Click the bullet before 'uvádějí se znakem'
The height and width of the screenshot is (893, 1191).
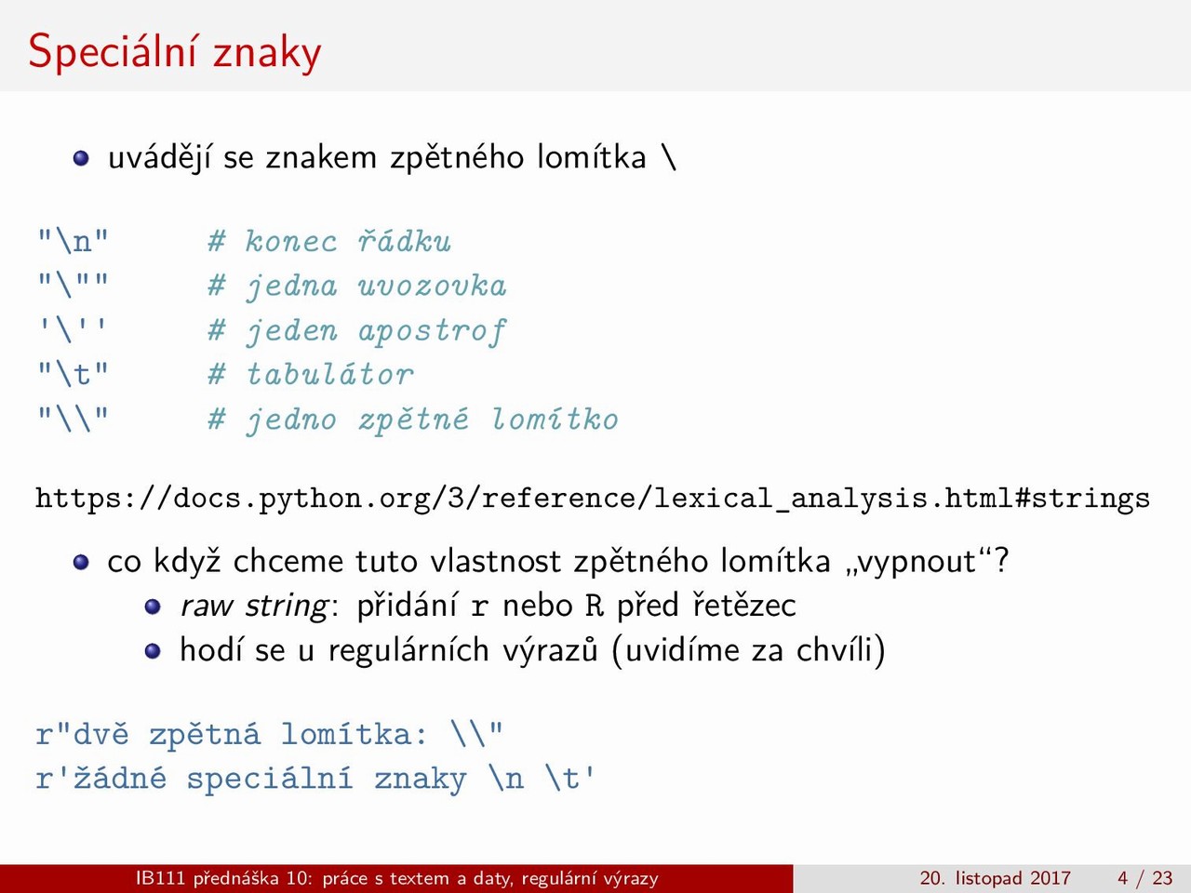click(81, 158)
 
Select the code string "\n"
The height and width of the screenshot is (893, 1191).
click(74, 241)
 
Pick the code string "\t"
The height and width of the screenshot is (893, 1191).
click(74, 374)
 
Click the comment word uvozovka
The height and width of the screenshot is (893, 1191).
click(433, 286)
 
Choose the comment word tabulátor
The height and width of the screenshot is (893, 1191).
click(330, 374)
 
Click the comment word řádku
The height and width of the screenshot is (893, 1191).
click(404, 241)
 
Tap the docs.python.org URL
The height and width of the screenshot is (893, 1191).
click(593, 499)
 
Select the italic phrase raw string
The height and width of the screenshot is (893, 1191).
click(254, 606)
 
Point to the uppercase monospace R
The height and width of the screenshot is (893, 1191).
click(595, 605)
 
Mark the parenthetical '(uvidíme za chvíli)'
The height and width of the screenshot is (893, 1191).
click(749, 650)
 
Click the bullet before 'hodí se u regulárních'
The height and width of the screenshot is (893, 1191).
click(153, 650)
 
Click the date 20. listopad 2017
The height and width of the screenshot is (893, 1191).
click(995, 878)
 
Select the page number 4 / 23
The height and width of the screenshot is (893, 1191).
click(1145, 878)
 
